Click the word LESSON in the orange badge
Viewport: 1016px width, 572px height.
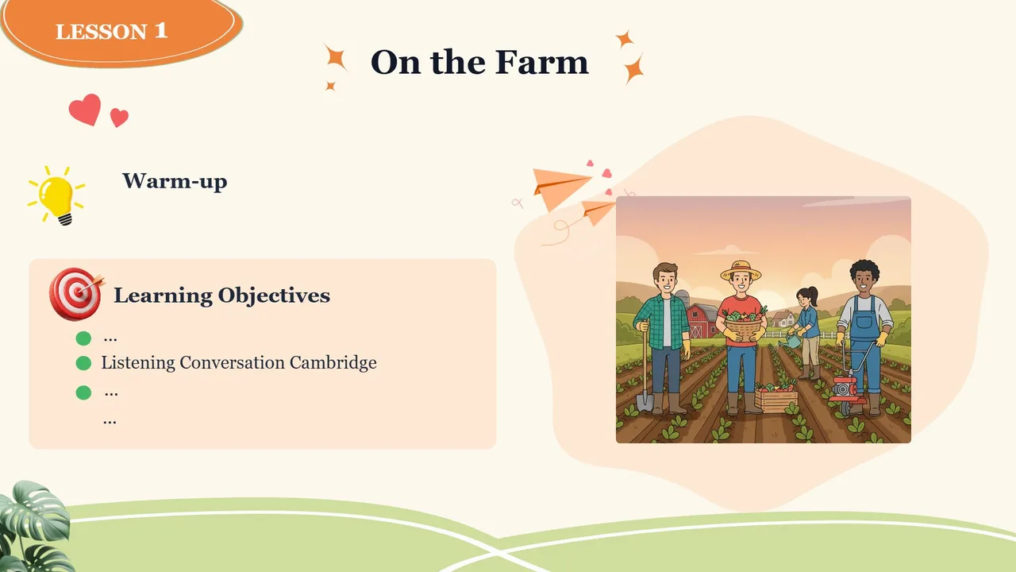(101, 32)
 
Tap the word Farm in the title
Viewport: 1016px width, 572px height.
(541, 62)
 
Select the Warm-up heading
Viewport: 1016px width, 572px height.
(175, 181)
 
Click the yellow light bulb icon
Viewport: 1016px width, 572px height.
(56, 195)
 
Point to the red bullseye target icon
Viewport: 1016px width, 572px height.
(76, 294)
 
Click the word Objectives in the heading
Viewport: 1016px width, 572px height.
(274, 296)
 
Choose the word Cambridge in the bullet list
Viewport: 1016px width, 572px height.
(333, 362)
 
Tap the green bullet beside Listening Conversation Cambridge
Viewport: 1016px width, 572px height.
(83, 363)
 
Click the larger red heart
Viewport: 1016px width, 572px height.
(85, 110)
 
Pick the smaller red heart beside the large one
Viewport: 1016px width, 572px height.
(119, 118)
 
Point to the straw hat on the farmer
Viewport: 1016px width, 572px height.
(741, 270)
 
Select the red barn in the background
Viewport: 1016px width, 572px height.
(702, 320)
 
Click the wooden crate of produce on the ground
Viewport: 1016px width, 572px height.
(776, 398)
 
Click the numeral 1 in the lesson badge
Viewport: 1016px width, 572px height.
(161, 30)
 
